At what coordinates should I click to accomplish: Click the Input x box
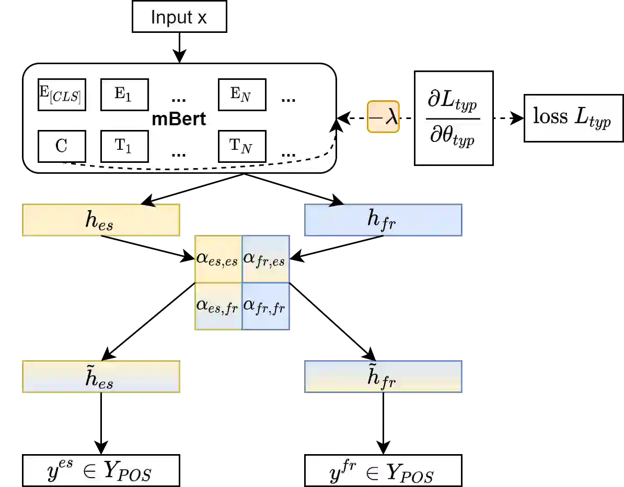click(x=179, y=17)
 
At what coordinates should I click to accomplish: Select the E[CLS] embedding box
click(x=62, y=94)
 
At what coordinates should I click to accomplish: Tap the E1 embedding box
click(x=124, y=94)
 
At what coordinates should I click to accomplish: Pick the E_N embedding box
click(x=241, y=94)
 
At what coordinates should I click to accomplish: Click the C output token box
click(x=62, y=146)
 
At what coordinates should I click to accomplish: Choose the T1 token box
click(x=124, y=146)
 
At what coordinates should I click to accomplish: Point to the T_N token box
click(x=241, y=146)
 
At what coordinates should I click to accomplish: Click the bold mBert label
click(x=179, y=119)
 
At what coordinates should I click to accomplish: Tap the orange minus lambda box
click(x=383, y=117)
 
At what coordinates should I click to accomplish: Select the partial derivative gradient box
click(x=454, y=118)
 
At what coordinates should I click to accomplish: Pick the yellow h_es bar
click(x=100, y=220)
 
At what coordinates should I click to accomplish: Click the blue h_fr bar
click(x=383, y=220)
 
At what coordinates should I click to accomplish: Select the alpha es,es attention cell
click(x=218, y=259)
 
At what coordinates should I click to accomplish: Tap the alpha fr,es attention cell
click(x=265, y=259)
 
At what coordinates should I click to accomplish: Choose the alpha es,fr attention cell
click(x=218, y=306)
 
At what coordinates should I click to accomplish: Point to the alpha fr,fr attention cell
click(x=265, y=306)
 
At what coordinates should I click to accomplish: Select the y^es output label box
click(x=100, y=471)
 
